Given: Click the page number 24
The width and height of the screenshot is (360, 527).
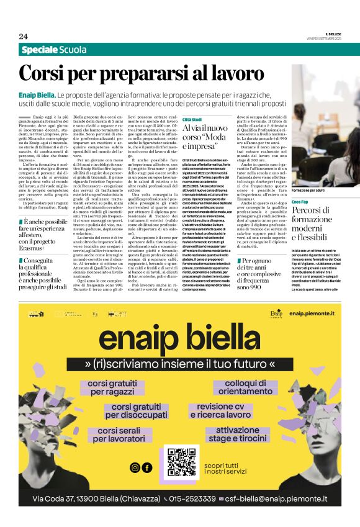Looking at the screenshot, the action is click(x=23, y=36).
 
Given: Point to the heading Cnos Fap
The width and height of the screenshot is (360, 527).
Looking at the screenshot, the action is click(x=300, y=202).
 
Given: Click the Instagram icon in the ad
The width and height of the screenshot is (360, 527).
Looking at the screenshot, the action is click(x=135, y=467).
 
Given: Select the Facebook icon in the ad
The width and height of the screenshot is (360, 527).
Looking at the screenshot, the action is click(x=146, y=467).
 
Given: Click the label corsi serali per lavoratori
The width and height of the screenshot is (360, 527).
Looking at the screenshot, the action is click(x=115, y=434).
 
